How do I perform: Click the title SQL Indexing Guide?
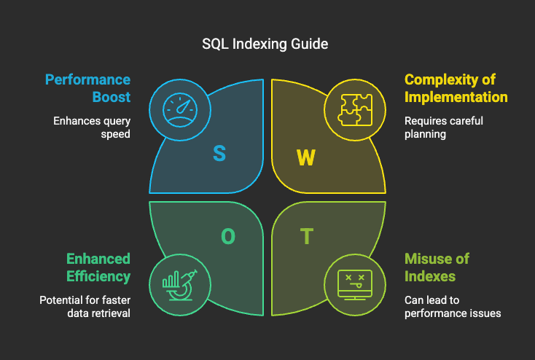tap(265, 44)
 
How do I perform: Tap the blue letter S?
tap(219, 153)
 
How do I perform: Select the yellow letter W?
tap(305, 157)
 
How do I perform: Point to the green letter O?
tap(227, 236)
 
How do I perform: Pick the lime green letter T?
tap(308, 236)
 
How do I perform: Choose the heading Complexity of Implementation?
tap(456, 88)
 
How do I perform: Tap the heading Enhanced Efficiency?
tap(98, 267)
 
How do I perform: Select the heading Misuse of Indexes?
tap(437, 267)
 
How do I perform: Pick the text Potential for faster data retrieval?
tap(85, 307)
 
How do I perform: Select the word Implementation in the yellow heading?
tap(456, 97)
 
